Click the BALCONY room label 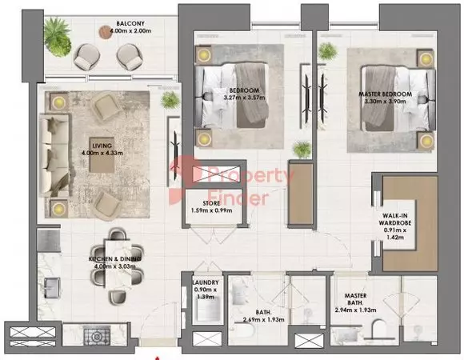pyautogui.click(x=130, y=23)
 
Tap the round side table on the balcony pyautogui.click(x=105, y=32)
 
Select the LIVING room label pyautogui.click(x=102, y=146)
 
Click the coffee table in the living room pyautogui.click(x=102, y=154)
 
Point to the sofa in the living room pyautogui.click(x=55, y=155)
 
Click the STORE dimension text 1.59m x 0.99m pyautogui.click(x=211, y=210)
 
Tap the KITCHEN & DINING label pyautogui.click(x=115, y=259)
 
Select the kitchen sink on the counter pyautogui.click(x=52, y=288)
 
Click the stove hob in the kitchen pyautogui.click(x=97, y=336)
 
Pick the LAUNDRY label pyautogui.click(x=206, y=282)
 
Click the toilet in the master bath pyautogui.click(x=378, y=329)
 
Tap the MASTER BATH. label pyautogui.click(x=355, y=299)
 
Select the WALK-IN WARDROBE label pyautogui.click(x=395, y=219)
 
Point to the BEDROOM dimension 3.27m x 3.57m pyautogui.click(x=245, y=98)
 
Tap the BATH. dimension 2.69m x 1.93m pyautogui.click(x=264, y=319)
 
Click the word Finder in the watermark pyautogui.click(x=238, y=198)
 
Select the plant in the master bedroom pyautogui.click(x=327, y=51)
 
